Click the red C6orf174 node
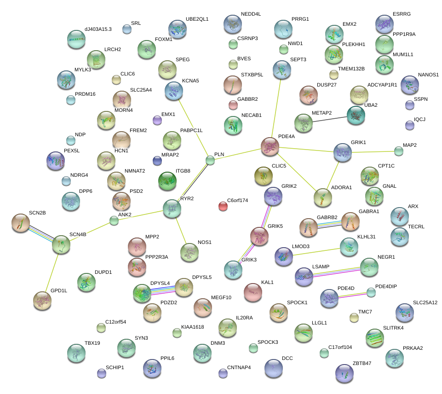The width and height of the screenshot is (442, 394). coord(223,206)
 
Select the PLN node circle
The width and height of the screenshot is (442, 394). coord(210,160)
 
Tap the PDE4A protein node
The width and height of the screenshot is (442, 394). coord(270,146)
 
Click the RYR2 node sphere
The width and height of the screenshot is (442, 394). coord(172,209)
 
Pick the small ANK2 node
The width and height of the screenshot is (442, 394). coord(114,220)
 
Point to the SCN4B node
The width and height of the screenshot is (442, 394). coord(61,244)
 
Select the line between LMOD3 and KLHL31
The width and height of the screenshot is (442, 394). coord(316,252)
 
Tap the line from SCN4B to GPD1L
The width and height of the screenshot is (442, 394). coord(52,273)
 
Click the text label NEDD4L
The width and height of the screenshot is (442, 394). coord(251,14)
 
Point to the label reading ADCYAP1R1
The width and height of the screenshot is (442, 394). coord(382,85)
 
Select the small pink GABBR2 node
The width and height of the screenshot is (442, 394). coord(233,105)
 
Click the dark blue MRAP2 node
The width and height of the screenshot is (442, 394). coord(157,161)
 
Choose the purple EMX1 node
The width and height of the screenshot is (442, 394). coord(157,120)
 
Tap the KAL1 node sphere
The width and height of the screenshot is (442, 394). coord(253,292)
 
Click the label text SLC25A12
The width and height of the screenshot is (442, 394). coord(425,302)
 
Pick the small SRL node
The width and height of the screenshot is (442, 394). coord(127,29)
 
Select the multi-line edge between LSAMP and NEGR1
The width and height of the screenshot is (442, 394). coord(337,272)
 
